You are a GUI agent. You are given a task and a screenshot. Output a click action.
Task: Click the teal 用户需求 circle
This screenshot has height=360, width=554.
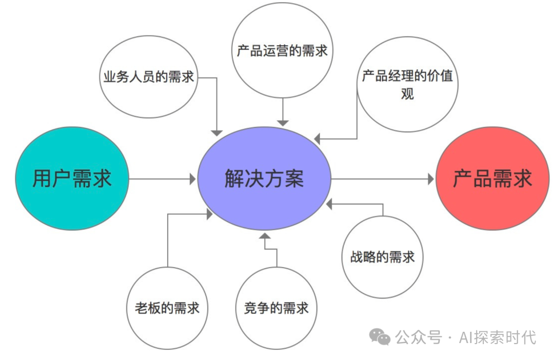[72, 178]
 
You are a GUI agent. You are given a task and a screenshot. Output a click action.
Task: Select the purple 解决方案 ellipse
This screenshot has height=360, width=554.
[264, 178]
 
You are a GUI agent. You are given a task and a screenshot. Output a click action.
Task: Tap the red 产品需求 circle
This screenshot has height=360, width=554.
[492, 178]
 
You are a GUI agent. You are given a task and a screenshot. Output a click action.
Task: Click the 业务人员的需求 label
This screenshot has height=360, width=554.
[149, 76]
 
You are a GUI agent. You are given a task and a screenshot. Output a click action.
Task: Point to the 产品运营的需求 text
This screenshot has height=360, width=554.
[282, 51]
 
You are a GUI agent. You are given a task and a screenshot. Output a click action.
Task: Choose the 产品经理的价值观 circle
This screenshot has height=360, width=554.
[407, 85]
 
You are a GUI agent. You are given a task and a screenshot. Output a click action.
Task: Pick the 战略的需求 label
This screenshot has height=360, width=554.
[382, 257]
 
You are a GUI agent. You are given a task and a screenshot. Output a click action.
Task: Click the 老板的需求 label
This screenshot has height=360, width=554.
[167, 308]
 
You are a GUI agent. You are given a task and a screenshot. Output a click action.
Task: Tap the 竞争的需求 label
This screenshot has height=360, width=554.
[276, 308]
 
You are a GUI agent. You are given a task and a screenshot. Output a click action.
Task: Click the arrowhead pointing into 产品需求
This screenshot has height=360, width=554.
[431, 179]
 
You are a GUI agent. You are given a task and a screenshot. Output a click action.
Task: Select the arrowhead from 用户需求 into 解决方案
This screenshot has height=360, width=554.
[193, 179]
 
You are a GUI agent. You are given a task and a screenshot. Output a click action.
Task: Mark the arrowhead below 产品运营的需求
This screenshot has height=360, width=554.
[283, 123]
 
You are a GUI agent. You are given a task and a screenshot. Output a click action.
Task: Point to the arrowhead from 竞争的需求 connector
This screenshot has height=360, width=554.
[265, 236]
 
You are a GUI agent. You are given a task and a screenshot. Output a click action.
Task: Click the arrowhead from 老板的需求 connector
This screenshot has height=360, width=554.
[209, 214]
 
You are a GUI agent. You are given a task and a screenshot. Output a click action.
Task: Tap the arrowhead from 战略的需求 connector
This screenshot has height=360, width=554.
[329, 204]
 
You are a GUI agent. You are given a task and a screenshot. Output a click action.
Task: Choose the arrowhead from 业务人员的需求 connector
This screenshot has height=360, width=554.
[216, 133]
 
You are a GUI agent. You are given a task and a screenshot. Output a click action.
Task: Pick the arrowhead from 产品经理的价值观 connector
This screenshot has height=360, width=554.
[317, 139]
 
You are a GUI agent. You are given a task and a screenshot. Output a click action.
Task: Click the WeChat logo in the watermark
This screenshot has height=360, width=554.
[380, 336]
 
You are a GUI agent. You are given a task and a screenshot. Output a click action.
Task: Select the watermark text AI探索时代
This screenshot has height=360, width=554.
[498, 337]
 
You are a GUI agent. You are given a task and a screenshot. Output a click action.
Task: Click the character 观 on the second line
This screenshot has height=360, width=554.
[407, 94]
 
